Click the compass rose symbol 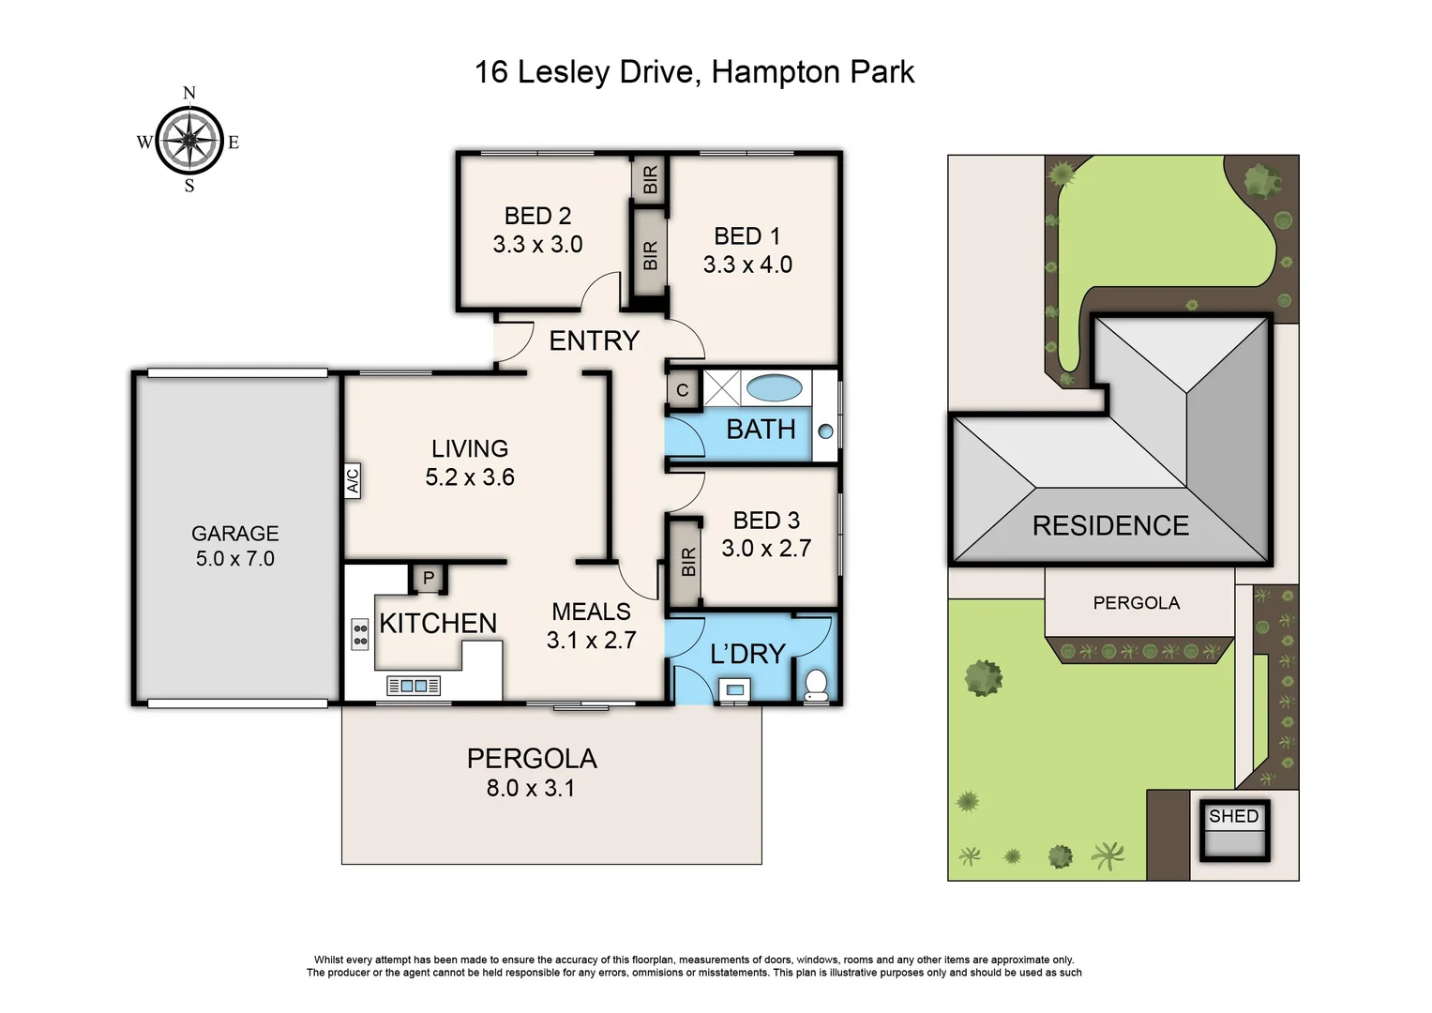[189, 141]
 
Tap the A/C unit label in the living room [353, 480]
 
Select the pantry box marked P [429, 578]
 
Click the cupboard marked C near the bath [683, 390]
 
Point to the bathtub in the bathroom [774, 387]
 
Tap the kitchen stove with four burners [359, 634]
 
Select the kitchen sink [414, 687]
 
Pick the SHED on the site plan [1234, 830]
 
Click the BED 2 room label [537, 216]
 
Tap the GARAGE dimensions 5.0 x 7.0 [234, 559]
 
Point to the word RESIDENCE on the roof [1110, 525]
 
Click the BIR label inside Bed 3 [688, 562]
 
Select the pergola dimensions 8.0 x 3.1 [531, 789]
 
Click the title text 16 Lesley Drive [586, 72]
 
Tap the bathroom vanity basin [825, 431]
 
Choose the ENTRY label [594, 340]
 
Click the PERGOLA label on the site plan [1136, 603]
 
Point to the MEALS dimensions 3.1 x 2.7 [591, 641]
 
